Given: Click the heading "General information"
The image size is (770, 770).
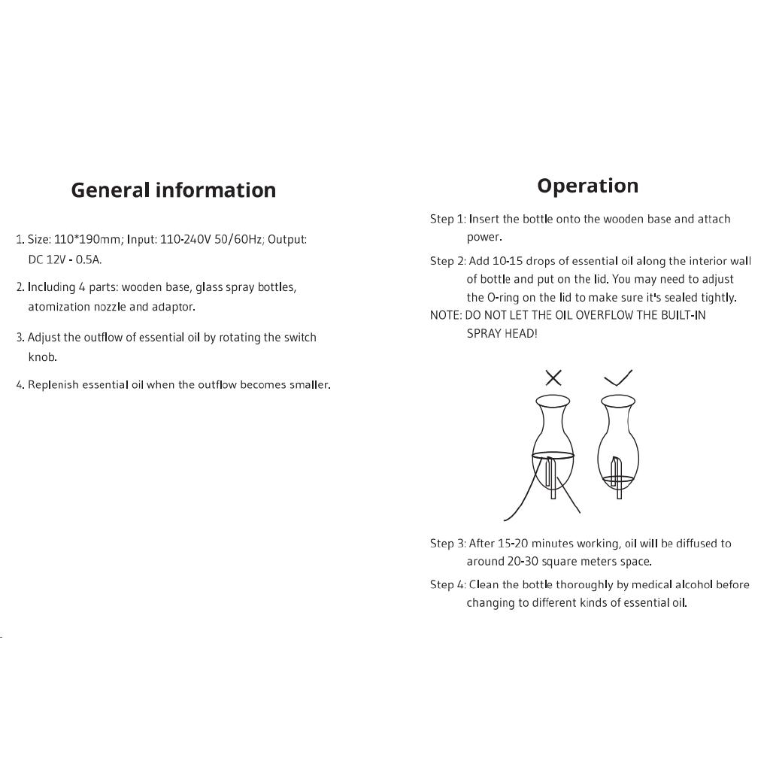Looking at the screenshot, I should [173, 190].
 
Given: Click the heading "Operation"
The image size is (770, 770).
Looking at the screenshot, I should [587, 186].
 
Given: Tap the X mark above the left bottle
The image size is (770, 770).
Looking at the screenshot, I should [553, 377].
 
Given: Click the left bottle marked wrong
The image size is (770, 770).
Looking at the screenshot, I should [553, 444].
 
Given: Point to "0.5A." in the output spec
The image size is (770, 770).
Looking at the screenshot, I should [89, 259].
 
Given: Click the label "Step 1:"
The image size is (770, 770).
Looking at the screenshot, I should [448, 220].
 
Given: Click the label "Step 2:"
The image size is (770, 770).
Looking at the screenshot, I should [448, 262].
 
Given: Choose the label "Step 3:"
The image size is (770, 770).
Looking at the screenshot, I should [448, 544].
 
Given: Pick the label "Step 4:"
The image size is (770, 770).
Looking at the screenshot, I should [448, 585].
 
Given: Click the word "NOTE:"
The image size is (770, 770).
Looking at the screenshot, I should [446, 316].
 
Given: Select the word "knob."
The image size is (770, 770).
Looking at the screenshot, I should [43, 357].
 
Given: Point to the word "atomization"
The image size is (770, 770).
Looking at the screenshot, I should [59, 307].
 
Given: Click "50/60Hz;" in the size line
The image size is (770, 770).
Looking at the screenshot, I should [238, 240].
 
